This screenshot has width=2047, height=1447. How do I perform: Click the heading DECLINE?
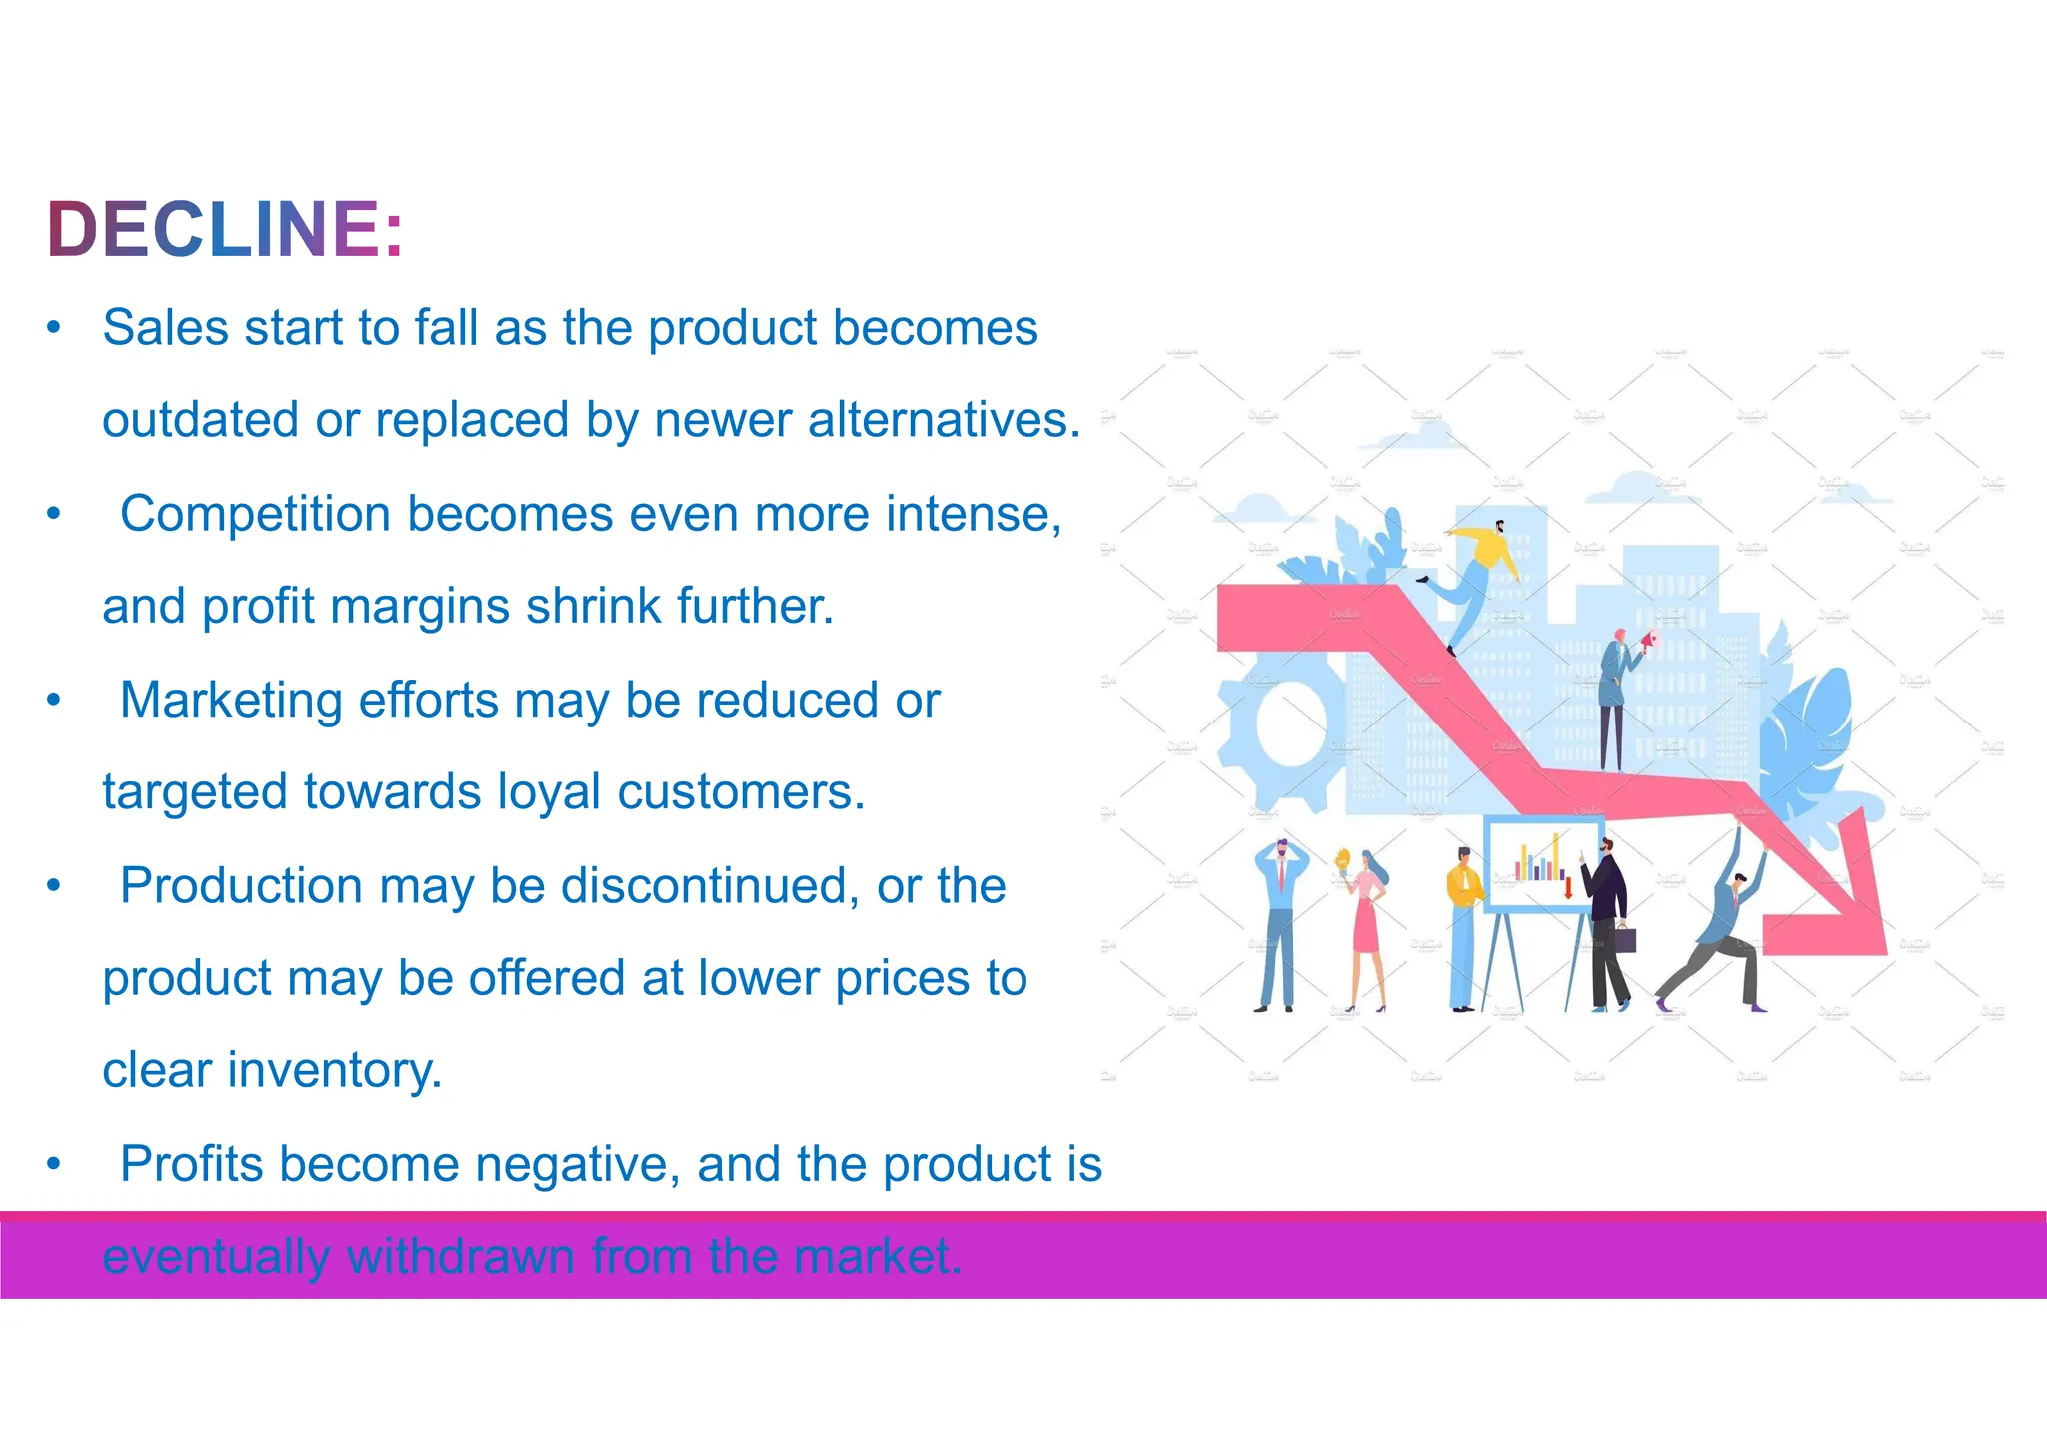pos(224,229)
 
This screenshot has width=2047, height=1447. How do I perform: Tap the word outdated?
pos(200,419)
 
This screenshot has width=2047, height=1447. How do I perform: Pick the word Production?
pos(241,885)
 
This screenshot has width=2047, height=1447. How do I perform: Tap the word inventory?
pos(334,1070)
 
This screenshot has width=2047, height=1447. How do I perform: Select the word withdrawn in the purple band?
pos(460,1256)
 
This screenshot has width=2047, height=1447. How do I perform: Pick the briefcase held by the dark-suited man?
pos(1625,940)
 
